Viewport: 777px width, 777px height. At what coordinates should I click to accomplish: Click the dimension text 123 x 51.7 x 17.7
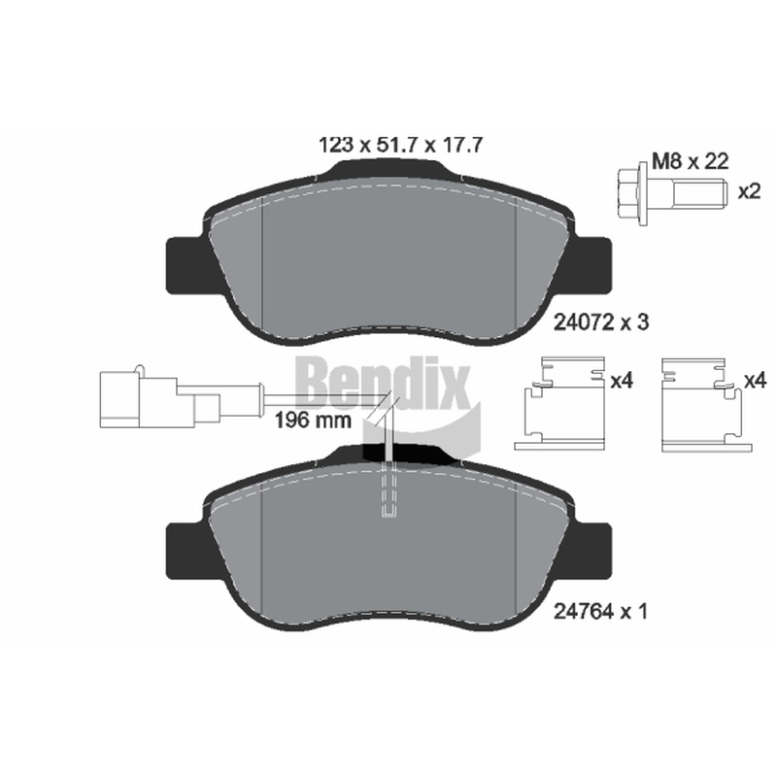click(x=399, y=145)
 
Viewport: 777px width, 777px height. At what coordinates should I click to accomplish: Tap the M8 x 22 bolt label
click(x=691, y=161)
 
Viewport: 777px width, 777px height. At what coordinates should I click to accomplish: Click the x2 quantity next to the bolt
click(x=749, y=191)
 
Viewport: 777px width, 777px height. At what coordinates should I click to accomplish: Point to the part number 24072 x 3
click(x=600, y=322)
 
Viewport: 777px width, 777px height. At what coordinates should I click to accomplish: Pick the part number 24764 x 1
click(x=600, y=612)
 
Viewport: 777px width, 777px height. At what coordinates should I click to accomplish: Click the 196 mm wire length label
click(x=313, y=421)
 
